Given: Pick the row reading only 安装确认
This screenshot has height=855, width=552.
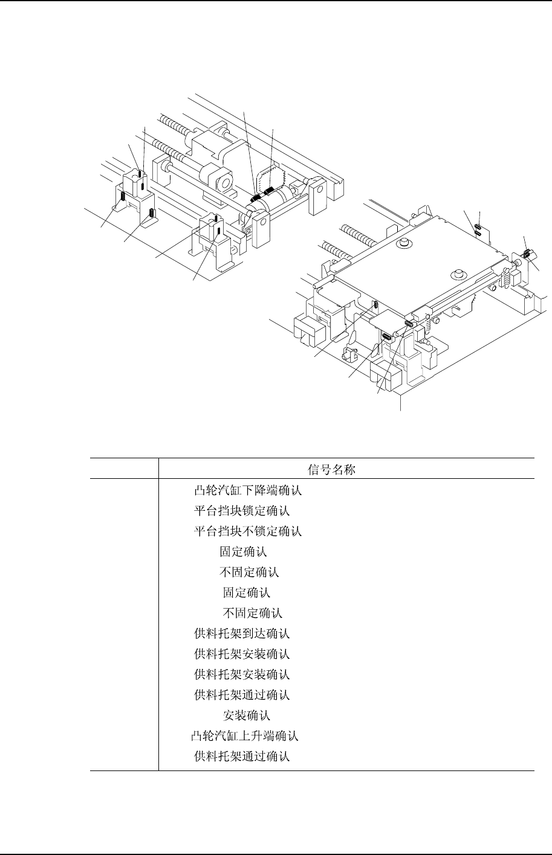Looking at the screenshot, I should [247, 716].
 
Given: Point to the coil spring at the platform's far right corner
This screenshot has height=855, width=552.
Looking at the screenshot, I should [507, 277].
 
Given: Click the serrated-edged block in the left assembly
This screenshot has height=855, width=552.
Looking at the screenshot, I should [270, 176].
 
